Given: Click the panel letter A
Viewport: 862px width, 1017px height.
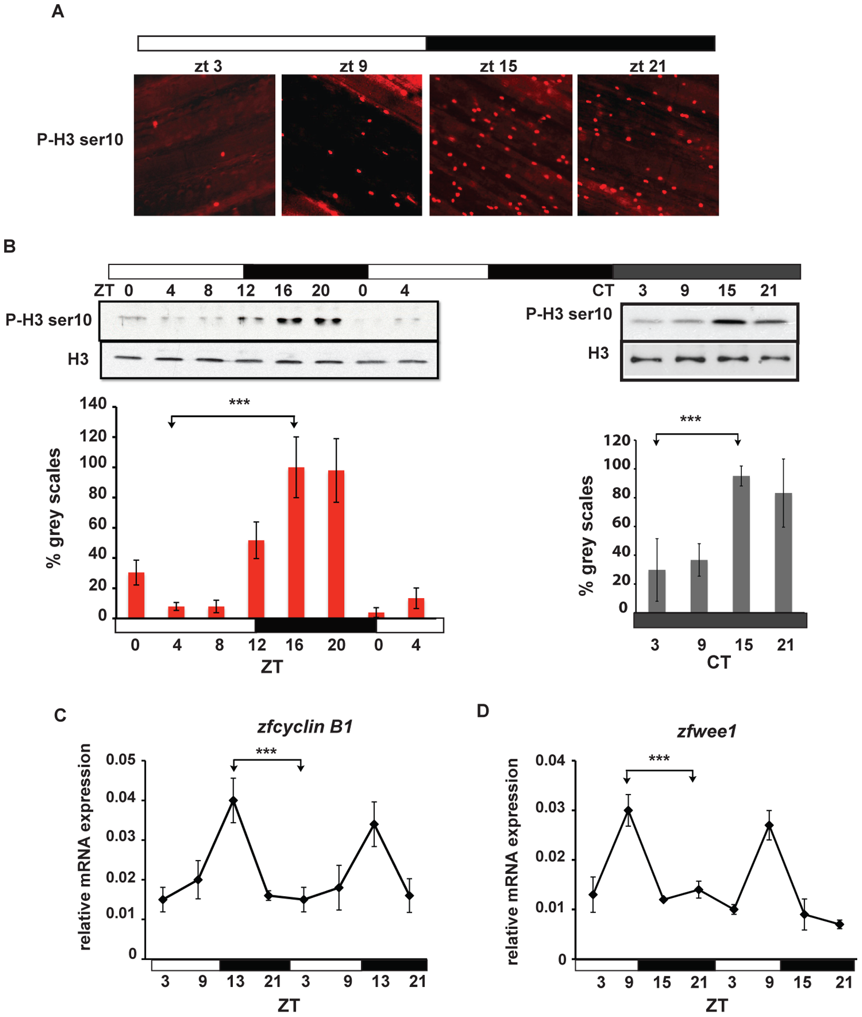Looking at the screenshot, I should click(57, 11).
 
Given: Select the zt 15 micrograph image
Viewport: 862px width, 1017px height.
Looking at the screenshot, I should click(500, 145).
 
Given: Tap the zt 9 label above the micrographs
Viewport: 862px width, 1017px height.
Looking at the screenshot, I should click(353, 66).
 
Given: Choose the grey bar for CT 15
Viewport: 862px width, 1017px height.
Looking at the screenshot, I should click(741, 543).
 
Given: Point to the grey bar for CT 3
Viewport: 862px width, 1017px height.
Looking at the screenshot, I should click(657, 590).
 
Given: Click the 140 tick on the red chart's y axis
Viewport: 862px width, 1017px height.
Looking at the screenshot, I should click(93, 404).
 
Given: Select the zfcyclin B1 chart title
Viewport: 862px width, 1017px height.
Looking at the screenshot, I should click(305, 727).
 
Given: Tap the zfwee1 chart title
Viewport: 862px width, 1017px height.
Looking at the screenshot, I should click(706, 731).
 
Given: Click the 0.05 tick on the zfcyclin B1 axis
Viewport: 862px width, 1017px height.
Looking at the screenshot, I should click(121, 760).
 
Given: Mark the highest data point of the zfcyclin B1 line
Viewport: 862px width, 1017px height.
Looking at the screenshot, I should click(233, 800).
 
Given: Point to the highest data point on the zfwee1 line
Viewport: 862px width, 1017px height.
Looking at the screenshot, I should click(628, 810).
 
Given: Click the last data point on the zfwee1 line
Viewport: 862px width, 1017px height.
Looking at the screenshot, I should click(839, 924).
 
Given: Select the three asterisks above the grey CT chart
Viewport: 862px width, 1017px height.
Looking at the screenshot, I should click(690, 419).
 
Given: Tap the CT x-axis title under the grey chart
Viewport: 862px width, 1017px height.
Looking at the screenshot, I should click(719, 662).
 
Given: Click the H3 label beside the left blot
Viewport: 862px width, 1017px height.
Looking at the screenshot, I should click(78, 359).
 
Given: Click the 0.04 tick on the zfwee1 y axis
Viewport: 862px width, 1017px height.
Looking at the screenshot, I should click(550, 760).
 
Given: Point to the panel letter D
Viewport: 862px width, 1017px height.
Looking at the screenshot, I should click(483, 711).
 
